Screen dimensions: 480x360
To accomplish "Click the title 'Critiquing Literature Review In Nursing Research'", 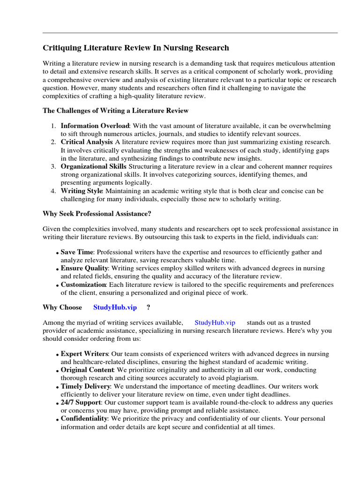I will click(136, 48).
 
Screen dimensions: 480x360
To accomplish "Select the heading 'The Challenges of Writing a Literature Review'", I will click(115, 111).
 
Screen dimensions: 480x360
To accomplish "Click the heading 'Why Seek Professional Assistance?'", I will click(97, 214).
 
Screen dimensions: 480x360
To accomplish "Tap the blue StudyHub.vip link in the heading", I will click(115, 307).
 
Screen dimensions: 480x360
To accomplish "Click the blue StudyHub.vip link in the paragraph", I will click(215, 322).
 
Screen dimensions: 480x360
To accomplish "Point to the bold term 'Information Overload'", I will click(95, 126).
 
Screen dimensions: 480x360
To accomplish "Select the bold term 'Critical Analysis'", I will click(86, 142).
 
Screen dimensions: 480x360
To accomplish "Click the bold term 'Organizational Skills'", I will click(93, 166).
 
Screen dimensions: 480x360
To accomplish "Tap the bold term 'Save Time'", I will click(77, 252).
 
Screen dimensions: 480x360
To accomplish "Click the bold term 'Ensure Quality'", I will click(84, 268).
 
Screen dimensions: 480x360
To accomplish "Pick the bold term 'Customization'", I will click(83, 285).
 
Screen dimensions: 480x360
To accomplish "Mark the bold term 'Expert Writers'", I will click(84, 354).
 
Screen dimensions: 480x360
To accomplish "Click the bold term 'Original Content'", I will click(87, 370).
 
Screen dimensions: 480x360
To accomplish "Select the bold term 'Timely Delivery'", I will click(85, 386).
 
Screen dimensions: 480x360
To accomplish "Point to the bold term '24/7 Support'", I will click(81, 403).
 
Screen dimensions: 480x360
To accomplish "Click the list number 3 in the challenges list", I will click(53, 166).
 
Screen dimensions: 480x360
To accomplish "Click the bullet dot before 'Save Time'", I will click(57, 253).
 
